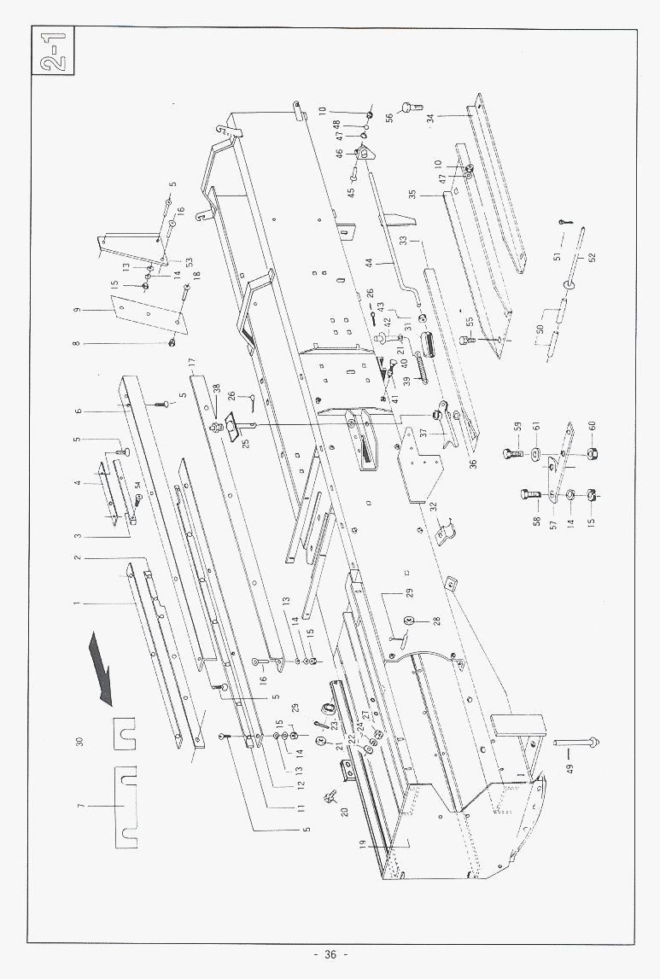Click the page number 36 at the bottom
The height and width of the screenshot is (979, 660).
tap(330, 954)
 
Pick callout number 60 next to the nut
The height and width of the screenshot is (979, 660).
tap(592, 425)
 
